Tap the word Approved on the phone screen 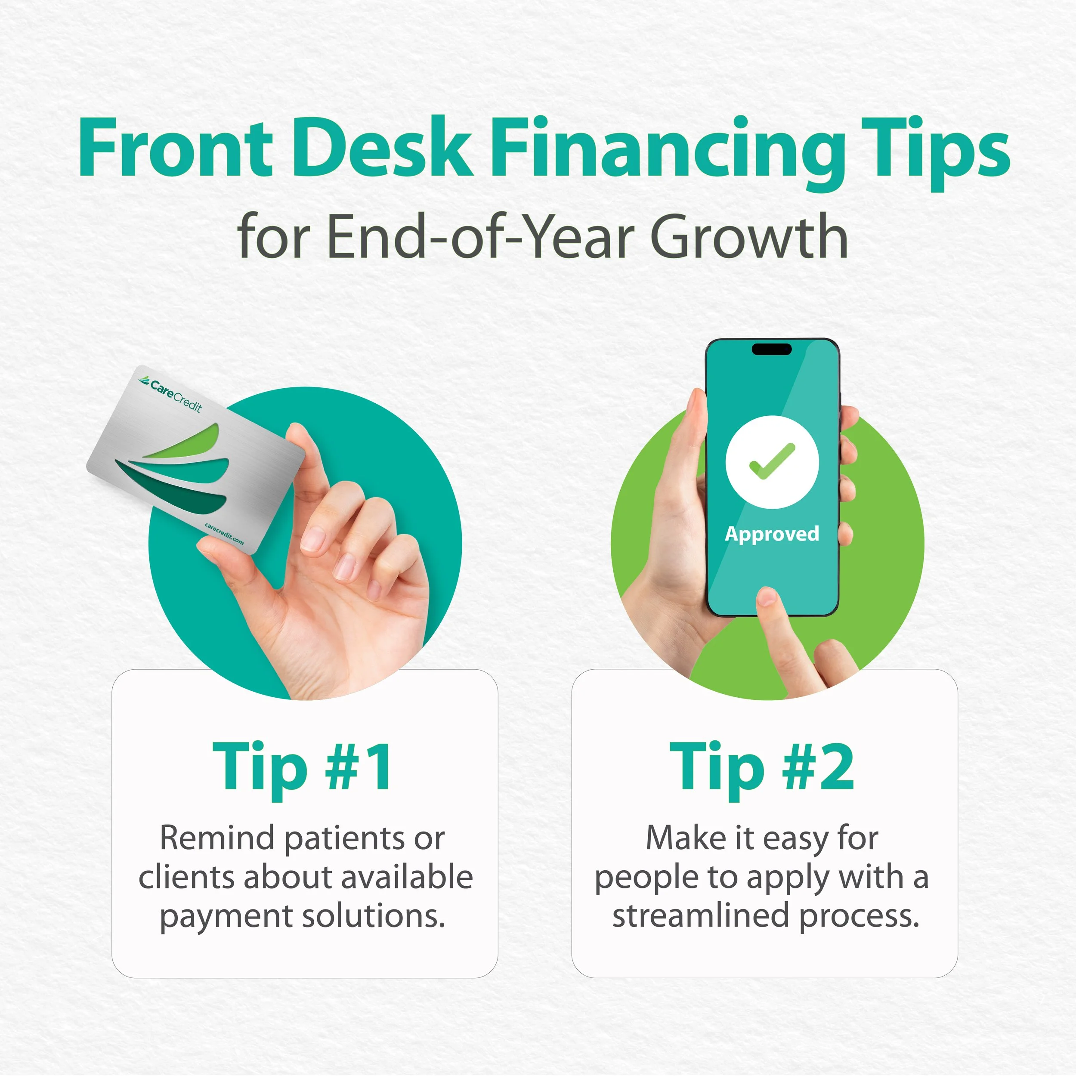(x=772, y=534)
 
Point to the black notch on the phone (x=771, y=349)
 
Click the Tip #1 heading (x=303, y=767)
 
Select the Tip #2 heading (x=762, y=767)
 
